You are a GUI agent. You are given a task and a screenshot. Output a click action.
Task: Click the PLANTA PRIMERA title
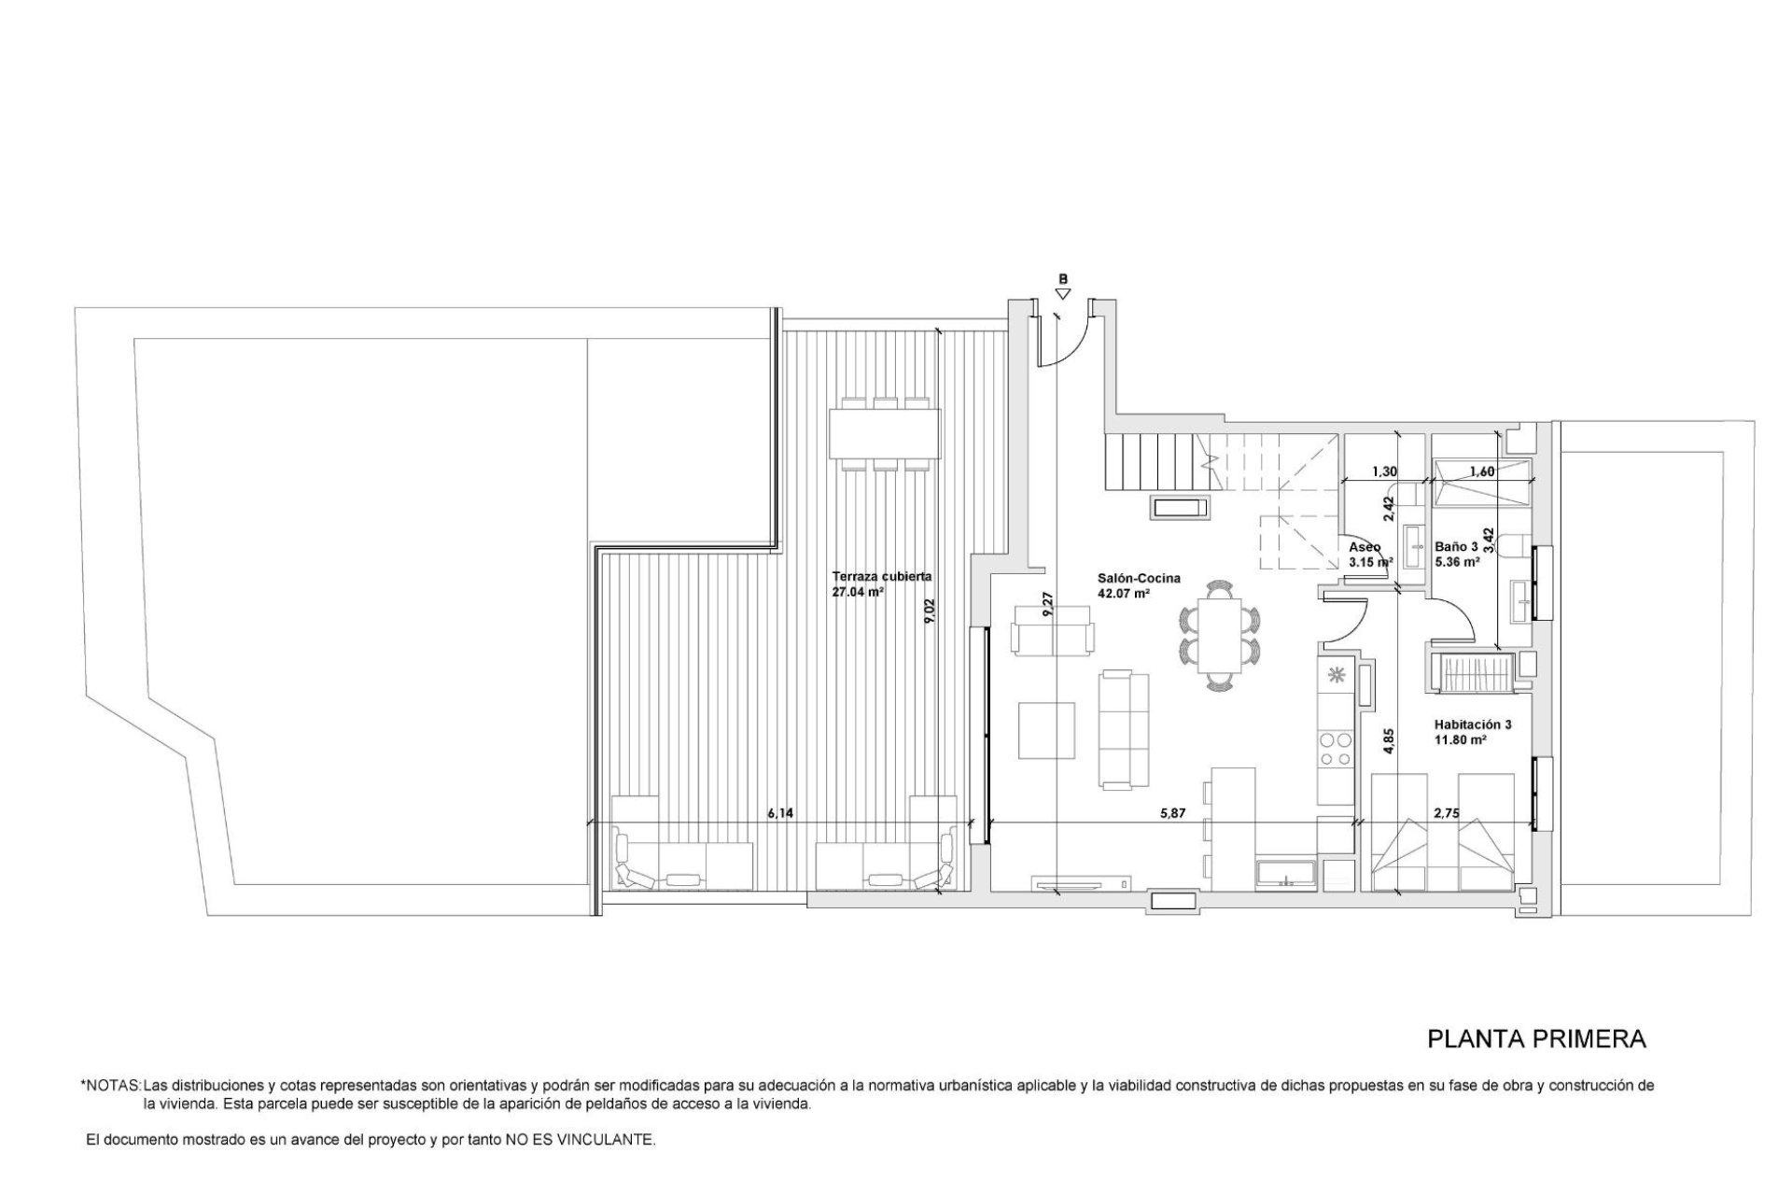1536,1038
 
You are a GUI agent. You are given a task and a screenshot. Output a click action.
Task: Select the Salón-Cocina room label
1139,579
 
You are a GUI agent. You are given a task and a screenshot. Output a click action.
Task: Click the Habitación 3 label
1473,724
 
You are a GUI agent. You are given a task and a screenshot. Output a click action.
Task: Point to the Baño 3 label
1456,547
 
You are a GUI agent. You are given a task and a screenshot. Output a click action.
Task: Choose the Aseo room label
1365,547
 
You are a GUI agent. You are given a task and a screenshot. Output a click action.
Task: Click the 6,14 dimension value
780,813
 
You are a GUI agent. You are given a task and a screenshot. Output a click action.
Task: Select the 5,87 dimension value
1172,813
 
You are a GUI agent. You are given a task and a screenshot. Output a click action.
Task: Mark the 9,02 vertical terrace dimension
929,611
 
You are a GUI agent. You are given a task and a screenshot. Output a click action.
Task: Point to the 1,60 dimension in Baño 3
1482,471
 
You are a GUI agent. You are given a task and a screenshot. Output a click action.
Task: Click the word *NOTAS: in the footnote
111,1087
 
